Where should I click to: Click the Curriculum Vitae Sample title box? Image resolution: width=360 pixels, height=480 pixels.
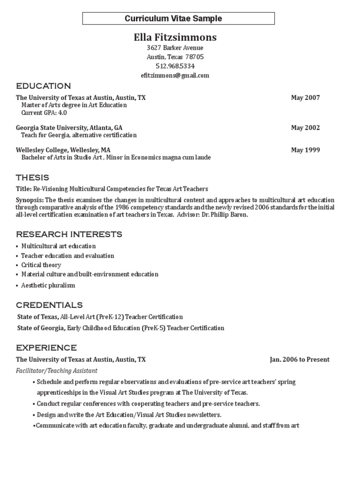(x=179, y=19)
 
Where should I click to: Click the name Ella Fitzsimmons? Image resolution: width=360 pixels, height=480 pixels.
(x=175, y=37)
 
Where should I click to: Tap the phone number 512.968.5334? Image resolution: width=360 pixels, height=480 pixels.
(x=175, y=66)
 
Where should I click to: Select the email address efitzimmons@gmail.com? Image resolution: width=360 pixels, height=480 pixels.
(x=175, y=75)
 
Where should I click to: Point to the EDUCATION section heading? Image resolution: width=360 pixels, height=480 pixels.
(x=44, y=86)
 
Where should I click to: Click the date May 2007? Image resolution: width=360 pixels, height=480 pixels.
(x=305, y=97)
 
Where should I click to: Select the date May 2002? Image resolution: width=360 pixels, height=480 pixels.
(x=305, y=127)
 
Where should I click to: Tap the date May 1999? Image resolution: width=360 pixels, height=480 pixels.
(x=305, y=150)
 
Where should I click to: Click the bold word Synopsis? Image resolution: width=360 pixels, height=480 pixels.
(x=30, y=200)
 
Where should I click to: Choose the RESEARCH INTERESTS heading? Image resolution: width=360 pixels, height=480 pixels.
(x=69, y=234)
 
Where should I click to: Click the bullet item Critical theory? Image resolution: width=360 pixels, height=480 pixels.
(x=41, y=265)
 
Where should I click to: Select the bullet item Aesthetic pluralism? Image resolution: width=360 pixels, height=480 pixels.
(x=48, y=285)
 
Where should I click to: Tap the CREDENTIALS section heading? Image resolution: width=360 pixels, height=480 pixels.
(x=49, y=305)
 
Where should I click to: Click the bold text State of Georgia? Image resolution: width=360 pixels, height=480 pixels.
(x=41, y=328)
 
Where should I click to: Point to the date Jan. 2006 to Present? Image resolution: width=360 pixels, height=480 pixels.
(x=300, y=360)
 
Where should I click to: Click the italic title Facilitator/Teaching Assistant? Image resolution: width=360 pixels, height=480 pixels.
(x=57, y=370)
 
